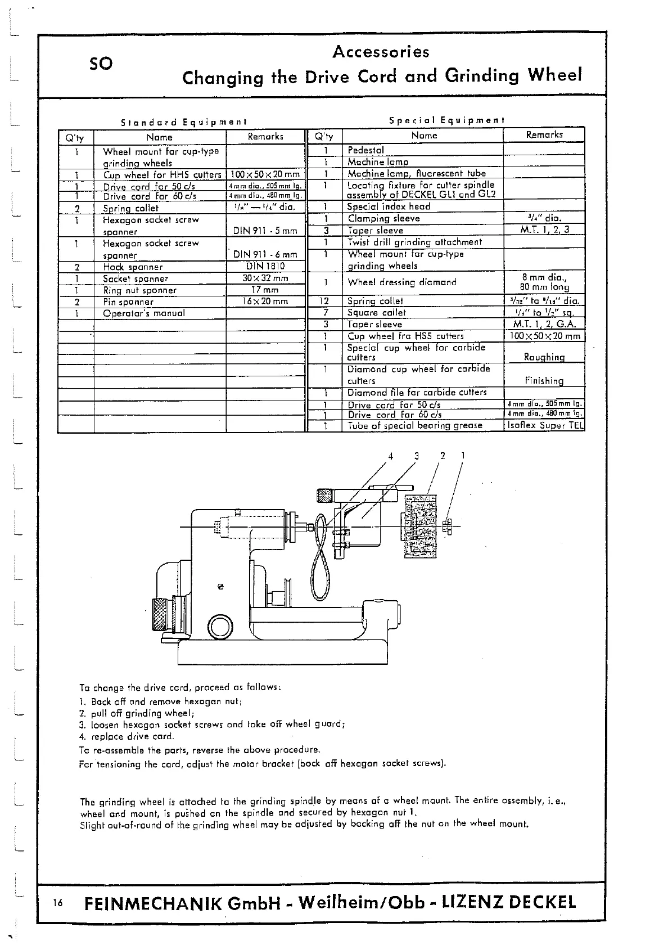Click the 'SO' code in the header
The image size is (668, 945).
101,64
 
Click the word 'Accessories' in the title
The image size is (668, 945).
381,52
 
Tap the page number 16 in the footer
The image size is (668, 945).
58,903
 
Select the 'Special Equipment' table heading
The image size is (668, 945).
447,120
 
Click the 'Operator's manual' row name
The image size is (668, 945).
144,313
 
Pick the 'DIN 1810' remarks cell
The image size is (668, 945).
265,267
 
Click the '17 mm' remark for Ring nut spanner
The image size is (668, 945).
265,290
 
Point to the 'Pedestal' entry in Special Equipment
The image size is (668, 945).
365,150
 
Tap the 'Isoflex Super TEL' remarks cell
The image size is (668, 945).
544,426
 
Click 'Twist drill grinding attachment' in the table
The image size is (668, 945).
414,242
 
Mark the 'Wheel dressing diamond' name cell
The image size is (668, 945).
402,282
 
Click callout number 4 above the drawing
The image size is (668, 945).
391,456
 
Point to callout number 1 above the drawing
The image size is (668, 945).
463,456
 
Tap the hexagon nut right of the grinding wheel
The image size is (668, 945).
448,527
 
